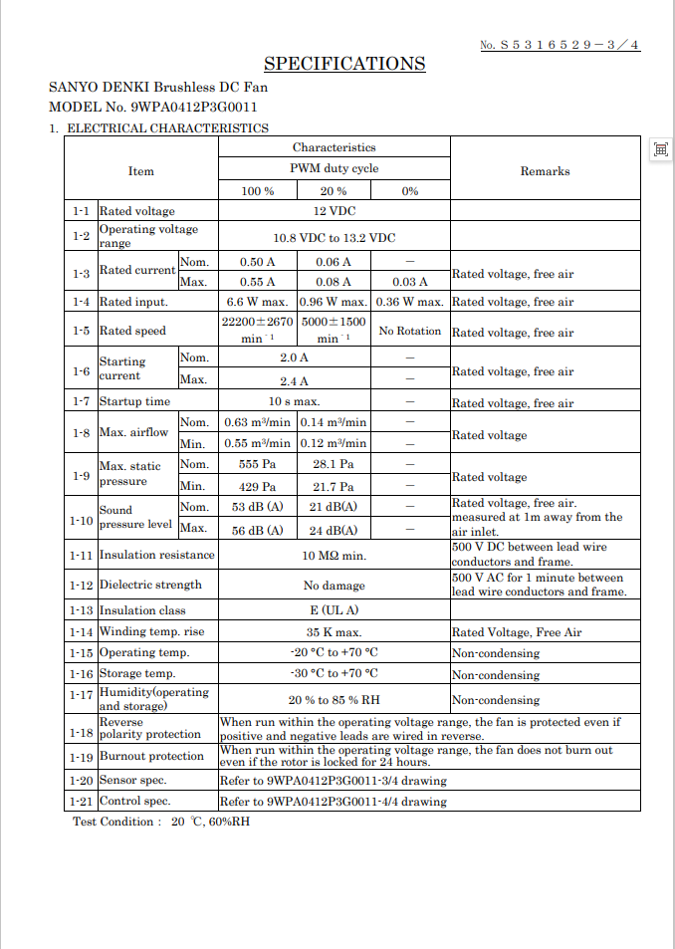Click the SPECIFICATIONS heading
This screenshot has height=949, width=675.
coord(344,64)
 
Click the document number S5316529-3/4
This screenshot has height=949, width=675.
coord(561,45)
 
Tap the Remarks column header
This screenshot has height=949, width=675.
coord(545,171)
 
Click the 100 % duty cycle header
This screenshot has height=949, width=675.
coord(258,191)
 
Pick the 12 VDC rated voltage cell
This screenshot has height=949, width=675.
coord(334,211)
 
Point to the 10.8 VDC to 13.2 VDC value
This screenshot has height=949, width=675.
coord(334,238)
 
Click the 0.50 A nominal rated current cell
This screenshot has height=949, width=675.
coord(258,262)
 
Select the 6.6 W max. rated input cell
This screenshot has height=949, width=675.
coord(258,302)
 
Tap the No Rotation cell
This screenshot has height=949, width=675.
coord(410,331)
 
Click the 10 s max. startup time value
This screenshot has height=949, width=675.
coord(294,402)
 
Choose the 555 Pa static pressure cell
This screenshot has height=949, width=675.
coord(258,465)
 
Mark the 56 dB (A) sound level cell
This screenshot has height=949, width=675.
coord(258,531)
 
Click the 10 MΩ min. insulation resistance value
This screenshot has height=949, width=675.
coord(334,556)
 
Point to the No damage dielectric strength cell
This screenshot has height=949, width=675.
coord(334,586)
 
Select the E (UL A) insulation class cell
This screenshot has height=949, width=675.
coord(334,610)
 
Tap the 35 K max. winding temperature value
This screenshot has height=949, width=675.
coord(334,632)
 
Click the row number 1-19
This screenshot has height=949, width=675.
coord(81,757)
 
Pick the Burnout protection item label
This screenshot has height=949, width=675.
coord(151,757)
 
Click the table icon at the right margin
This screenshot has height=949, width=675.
coord(659,149)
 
